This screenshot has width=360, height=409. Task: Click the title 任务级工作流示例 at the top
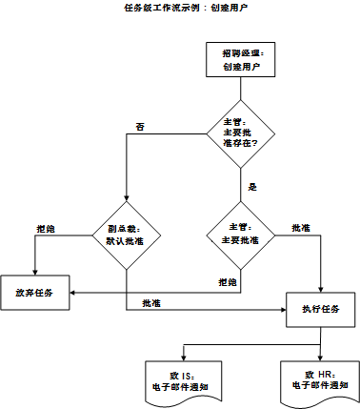pos(180,8)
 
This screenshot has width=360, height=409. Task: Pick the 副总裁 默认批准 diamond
pos(126,235)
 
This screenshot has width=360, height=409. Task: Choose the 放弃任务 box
pos(35,292)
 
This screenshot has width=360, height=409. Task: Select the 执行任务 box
pos(323,309)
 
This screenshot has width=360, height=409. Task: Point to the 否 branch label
pos(140,126)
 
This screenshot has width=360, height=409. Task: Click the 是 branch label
pos(252,187)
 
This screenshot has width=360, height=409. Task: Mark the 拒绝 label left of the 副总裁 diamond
pos(46,229)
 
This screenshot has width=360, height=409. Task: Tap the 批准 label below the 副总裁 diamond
pos(150,302)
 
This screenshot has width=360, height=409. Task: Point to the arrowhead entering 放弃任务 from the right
pos(74,292)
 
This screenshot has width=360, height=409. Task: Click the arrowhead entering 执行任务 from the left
pos(284,309)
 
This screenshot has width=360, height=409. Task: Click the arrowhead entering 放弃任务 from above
pos(35,271)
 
